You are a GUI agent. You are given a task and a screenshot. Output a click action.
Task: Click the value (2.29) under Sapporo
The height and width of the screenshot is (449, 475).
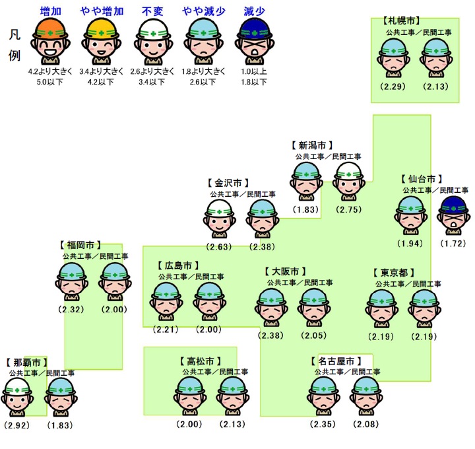393,86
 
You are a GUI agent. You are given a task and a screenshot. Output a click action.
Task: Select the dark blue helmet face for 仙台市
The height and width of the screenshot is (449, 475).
453,215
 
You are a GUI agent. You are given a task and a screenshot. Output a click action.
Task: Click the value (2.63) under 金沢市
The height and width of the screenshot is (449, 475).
219,247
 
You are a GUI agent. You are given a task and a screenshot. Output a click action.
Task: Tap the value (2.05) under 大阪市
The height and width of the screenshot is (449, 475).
313,335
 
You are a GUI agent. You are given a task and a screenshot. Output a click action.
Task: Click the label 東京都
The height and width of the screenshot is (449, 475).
398,273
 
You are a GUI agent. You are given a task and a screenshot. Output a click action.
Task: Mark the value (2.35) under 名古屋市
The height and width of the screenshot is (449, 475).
323,423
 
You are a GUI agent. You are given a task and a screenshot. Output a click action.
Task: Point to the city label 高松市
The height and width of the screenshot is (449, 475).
199,361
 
